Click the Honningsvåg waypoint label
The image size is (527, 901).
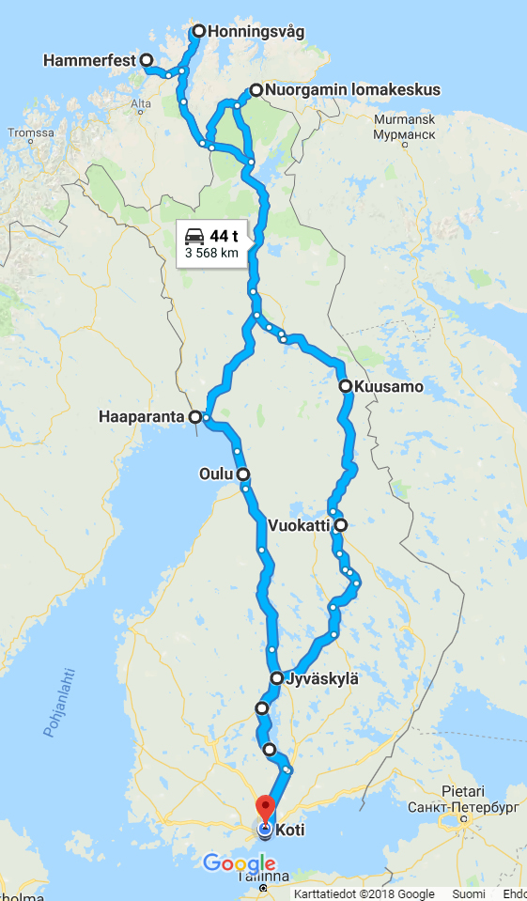pyautogui.click(x=256, y=31)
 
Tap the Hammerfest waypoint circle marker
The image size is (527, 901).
pyautogui.click(x=147, y=60)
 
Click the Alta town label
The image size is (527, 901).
pyautogui.click(x=141, y=103)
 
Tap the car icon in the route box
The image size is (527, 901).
pyautogui.click(x=194, y=236)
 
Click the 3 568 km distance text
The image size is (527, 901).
pyautogui.click(x=210, y=253)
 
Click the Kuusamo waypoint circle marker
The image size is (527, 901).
pyautogui.click(x=345, y=386)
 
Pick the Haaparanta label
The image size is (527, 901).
pyautogui.click(x=141, y=416)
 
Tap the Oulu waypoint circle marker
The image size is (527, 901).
pyautogui.click(x=242, y=474)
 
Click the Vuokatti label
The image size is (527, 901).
pyautogui.click(x=299, y=525)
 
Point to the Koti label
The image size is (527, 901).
pyautogui.click(x=289, y=830)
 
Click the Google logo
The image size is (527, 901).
pyautogui.click(x=239, y=863)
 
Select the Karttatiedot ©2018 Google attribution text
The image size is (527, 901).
pyautogui.click(x=364, y=893)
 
